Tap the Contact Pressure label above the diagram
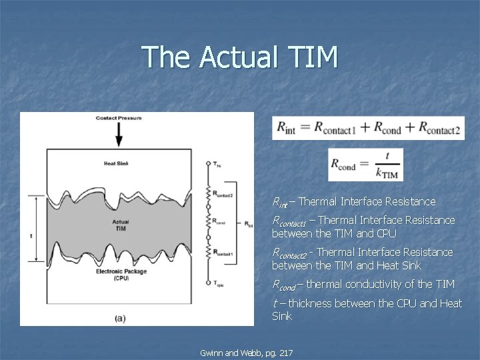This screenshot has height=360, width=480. pyautogui.click(x=119, y=118)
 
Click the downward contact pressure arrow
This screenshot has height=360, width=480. pyautogui.click(x=119, y=135)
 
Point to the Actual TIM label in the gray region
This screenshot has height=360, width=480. pyautogui.click(x=121, y=225)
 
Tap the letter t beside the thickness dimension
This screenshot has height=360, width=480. pyautogui.click(x=31, y=235)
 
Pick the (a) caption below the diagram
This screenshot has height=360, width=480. pyautogui.click(x=120, y=318)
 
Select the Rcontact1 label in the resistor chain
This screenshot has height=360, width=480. pyautogui.click(x=224, y=253)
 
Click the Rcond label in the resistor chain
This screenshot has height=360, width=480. pyautogui.click(x=221, y=223)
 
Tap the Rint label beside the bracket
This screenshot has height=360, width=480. pyautogui.click(x=249, y=225)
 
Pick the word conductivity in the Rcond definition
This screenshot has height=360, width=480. pyautogui.click(x=373, y=285)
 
